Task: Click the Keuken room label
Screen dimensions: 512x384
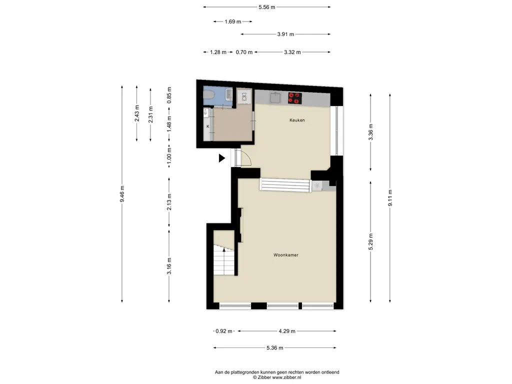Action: tap(297, 120)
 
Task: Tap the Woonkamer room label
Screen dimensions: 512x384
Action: tap(286, 255)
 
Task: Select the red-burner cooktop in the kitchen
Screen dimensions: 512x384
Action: tap(294, 98)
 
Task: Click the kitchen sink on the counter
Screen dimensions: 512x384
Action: tap(276, 97)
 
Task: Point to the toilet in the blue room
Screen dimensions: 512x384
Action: tap(208, 94)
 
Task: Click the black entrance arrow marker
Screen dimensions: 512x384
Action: tap(222, 158)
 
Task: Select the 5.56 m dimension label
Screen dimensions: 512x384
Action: tap(267, 7)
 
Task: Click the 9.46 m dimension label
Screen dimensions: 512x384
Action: tap(122, 194)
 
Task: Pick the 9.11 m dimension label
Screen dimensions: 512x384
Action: tap(390, 198)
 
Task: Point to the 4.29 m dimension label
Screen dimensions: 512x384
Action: tap(287, 331)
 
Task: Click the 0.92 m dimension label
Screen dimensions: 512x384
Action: tap(224, 331)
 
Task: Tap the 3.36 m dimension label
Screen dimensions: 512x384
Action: tap(370, 132)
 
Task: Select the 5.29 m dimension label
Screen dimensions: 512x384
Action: tap(370, 242)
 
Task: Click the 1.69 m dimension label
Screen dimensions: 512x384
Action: tap(233, 21)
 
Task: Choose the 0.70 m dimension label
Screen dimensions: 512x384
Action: tap(244, 52)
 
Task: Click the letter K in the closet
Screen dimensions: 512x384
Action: tap(207, 126)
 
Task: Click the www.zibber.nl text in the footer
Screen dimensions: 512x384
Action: tap(286, 377)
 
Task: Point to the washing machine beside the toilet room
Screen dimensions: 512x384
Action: tap(244, 96)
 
